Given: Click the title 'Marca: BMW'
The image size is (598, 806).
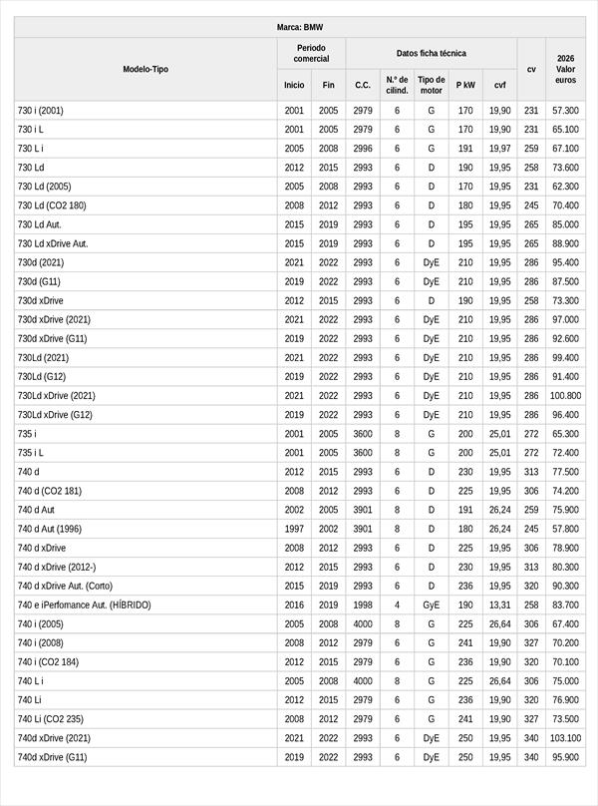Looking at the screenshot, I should pos(299,28).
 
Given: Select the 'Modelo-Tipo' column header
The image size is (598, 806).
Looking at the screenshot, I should pos(146,70).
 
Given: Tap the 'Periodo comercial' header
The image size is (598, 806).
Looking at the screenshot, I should pos(311,53).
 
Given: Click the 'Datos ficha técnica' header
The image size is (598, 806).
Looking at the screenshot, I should pos(431,53).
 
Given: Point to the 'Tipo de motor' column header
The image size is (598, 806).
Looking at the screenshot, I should pos(431,85).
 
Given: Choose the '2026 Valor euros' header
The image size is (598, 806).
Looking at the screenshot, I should pos(565,70).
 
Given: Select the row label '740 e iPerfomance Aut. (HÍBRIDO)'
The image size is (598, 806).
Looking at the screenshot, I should pos(85,604).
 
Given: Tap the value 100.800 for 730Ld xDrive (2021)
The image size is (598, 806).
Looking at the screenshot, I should pos(565,396).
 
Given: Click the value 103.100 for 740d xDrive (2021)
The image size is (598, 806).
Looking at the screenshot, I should pos(565,738).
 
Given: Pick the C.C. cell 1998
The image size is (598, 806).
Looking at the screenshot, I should pos(363,604).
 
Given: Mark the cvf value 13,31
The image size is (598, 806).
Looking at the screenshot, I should pos(499,604).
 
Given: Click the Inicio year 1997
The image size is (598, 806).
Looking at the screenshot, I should pos(294,529).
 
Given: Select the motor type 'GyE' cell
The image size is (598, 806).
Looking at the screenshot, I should pos(431,604).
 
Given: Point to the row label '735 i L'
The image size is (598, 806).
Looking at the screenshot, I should pos(31,453).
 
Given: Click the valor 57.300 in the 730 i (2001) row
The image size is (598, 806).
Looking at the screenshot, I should pos(565,111).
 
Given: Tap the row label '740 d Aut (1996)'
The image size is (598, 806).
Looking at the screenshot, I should pos(50,529).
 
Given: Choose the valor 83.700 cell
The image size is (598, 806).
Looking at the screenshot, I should pos(565,604).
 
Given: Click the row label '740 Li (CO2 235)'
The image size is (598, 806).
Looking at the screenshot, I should pos(51,719).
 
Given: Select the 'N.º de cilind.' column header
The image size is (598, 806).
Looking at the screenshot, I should pos(397,85).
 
